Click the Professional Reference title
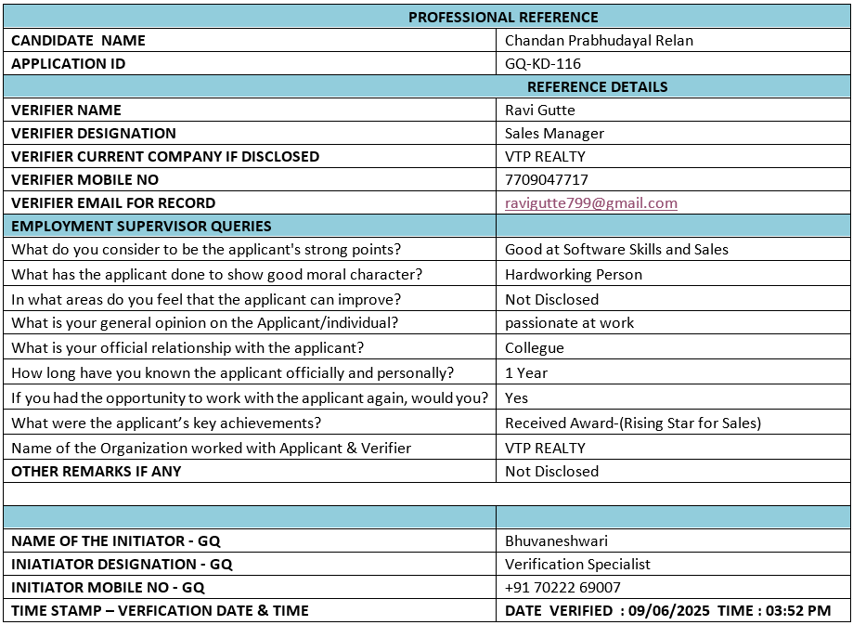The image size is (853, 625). pyautogui.click(x=503, y=17)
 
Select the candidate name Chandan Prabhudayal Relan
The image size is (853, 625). pyautogui.click(x=599, y=41)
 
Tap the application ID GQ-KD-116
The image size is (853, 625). pyautogui.click(x=543, y=64)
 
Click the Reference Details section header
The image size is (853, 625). pyautogui.click(x=597, y=87)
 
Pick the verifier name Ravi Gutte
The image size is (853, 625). pyautogui.click(x=540, y=111)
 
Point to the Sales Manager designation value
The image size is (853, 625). pyautogui.click(x=554, y=134)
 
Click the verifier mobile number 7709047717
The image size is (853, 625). pyautogui.click(x=546, y=180)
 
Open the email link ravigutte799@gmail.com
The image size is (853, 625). pyautogui.click(x=590, y=203)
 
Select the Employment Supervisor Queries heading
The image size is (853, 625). pyautogui.click(x=141, y=227)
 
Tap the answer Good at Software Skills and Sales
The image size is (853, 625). pyautogui.click(x=616, y=250)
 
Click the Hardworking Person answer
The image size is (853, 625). pyautogui.click(x=573, y=275)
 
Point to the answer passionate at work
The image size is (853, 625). pyautogui.click(x=569, y=323)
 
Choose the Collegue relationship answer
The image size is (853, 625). pyautogui.click(x=534, y=348)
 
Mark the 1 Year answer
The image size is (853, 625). pyautogui.click(x=526, y=373)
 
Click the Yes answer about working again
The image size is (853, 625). pyautogui.click(x=516, y=398)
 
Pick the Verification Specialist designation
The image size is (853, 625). pyautogui.click(x=577, y=564)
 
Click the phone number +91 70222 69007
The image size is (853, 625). pyautogui.click(x=562, y=587)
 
